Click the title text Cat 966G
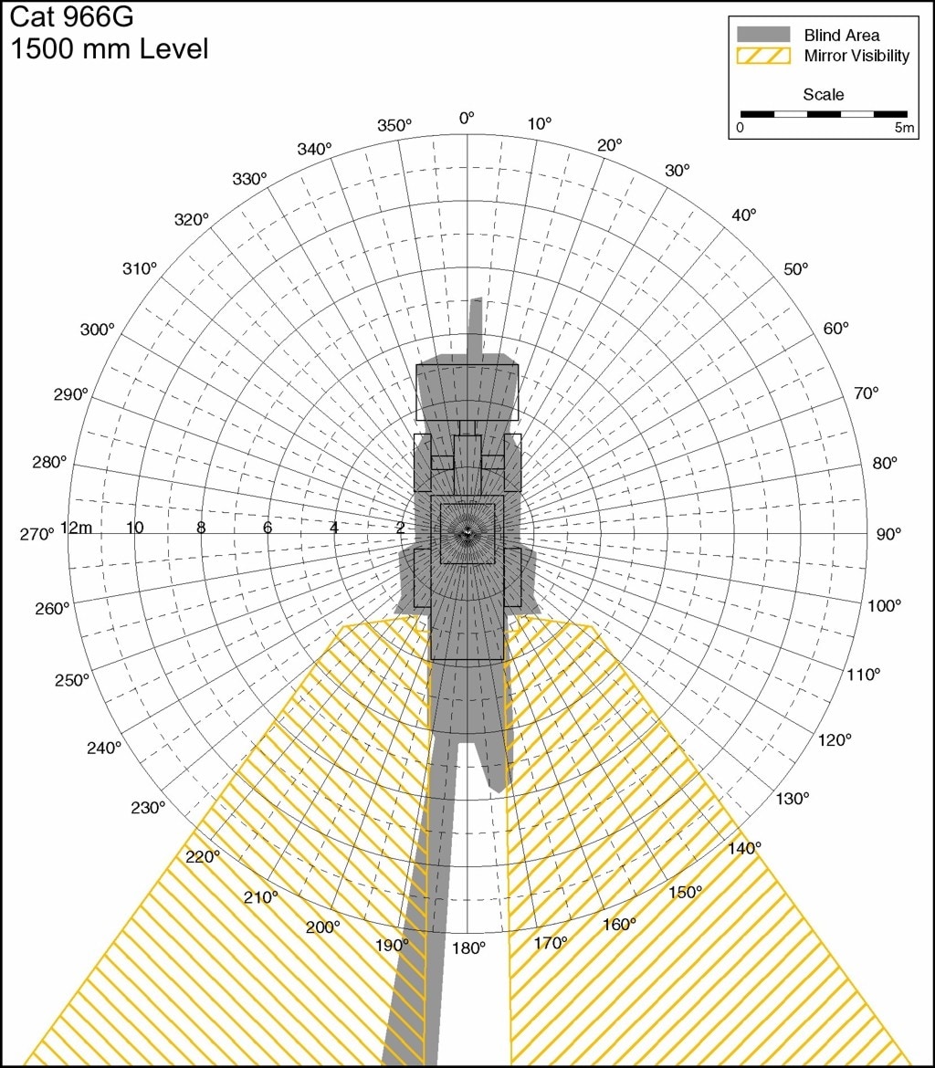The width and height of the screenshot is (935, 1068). click(71, 17)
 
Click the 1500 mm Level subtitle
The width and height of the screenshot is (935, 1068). click(109, 49)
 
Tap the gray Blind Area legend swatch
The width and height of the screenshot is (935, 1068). click(763, 34)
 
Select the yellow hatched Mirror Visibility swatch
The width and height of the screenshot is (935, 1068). click(763, 55)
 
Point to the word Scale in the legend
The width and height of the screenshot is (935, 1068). click(824, 95)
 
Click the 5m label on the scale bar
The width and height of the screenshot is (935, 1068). click(904, 128)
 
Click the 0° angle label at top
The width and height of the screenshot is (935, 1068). click(467, 119)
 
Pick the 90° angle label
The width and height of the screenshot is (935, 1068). click(888, 534)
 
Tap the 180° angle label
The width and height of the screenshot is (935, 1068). click(468, 948)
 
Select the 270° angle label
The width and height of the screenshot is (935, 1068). click(37, 534)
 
